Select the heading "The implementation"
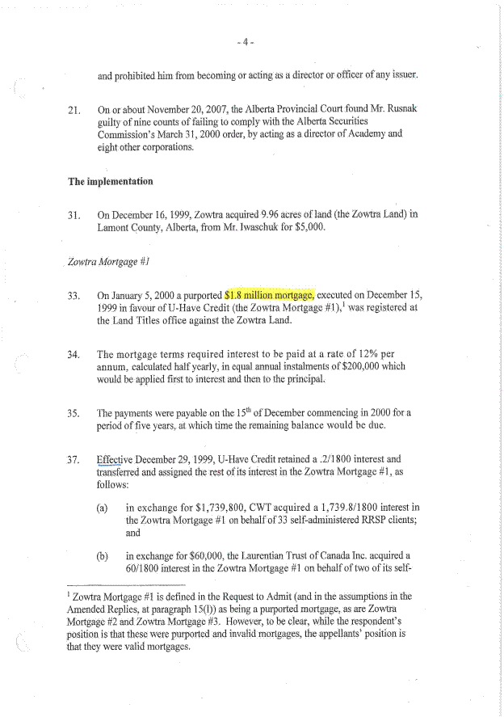pyautogui.click(x=111, y=181)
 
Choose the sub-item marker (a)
pyautogui.click(x=103, y=508)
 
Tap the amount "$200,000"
pyautogui.click(x=389, y=367)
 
